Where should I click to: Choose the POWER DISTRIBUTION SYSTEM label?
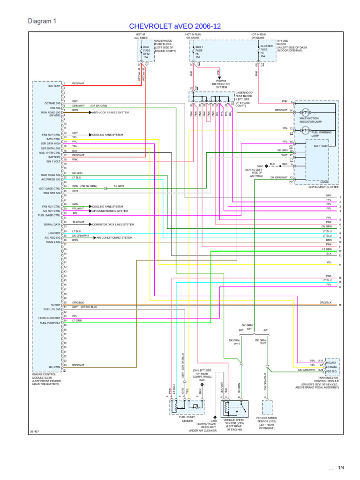tap(221, 85)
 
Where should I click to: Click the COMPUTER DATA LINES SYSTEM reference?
tap(113, 224)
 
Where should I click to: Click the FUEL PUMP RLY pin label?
tap(50, 323)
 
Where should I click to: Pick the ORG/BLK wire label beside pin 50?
tap(78, 302)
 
